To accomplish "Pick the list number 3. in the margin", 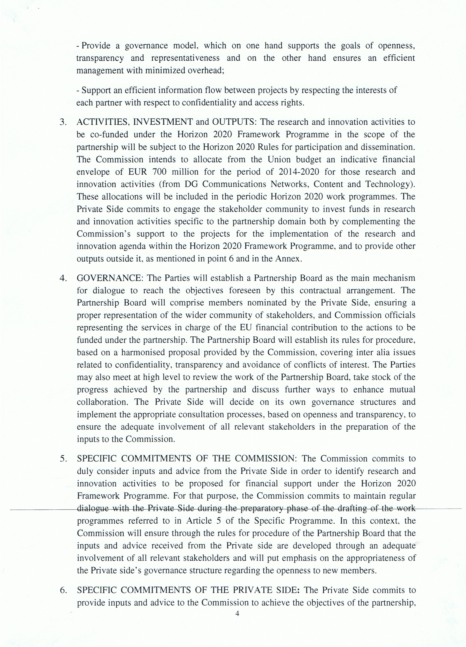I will (x=63, y=122).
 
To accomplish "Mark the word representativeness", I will (x=185, y=58).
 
